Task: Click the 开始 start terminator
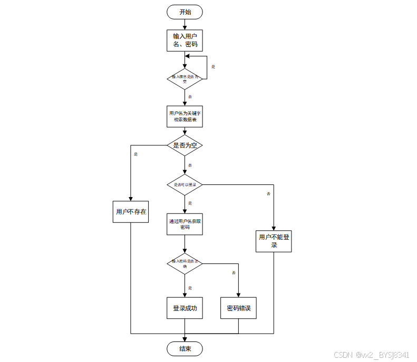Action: (x=185, y=12)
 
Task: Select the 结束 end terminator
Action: (x=185, y=349)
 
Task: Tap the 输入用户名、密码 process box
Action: (x=185, y=41)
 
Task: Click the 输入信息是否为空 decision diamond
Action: (x=185, y=79)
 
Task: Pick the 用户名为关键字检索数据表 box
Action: (x=185, y=116)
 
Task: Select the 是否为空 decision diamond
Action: (x=185, y=145)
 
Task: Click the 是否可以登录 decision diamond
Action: (x=185, y=184)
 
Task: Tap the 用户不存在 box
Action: (x=131, y=212)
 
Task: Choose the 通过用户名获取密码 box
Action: (x=185, y=224)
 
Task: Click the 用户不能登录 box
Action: (x=274, y=241)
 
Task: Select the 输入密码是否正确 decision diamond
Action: (x=185, y=263)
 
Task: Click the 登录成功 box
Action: (x=185, y=308)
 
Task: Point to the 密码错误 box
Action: (x=239, y=308)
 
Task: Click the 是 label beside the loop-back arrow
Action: (x=214, y=67)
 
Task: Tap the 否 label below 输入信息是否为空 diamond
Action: (x=190, y=97)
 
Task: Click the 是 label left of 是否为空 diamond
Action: (x=135, y=154)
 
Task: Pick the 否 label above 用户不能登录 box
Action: (x=268, y=194)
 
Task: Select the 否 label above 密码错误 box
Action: (x=234, y=273)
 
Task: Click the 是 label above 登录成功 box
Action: (x=190, y=288)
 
